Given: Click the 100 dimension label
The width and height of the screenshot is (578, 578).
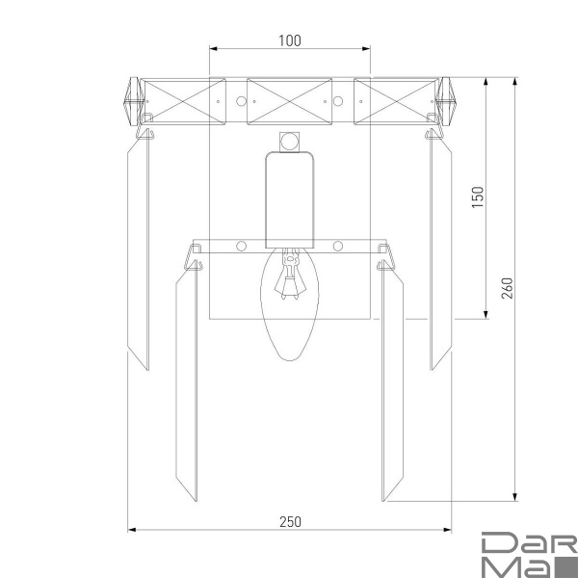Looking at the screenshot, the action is click(x=290, y=40).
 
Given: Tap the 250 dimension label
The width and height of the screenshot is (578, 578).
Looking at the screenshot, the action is click(x=291, y=522).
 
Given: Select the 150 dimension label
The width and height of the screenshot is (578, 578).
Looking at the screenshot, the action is click(x=478, y=197).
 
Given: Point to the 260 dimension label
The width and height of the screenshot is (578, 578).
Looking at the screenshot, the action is click(x=508, y=288).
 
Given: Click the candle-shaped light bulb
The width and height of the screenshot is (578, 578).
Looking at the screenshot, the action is click(x=290, y=304).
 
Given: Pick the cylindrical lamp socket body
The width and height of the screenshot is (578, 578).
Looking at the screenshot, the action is click(x=290, y=199).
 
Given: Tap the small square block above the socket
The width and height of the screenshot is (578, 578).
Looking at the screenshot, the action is click(x=289, y=142).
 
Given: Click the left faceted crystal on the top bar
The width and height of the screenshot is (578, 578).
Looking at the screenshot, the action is click(x=134, y=101).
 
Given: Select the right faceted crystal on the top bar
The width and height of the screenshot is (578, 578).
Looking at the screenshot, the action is click(x=446, y=101).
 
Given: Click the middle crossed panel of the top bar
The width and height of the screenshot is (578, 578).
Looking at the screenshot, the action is click(x=289, y=101).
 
